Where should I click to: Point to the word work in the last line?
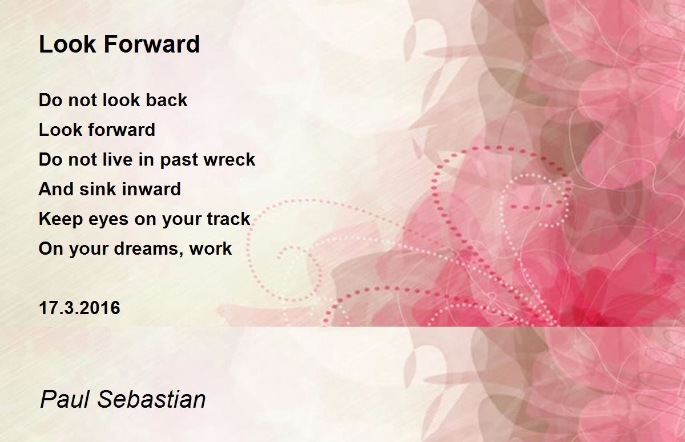coord(211,249)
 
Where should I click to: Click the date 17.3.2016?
coord(79,308)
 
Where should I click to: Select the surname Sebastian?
coord(151,399)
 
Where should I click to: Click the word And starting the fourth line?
coord(53,189)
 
